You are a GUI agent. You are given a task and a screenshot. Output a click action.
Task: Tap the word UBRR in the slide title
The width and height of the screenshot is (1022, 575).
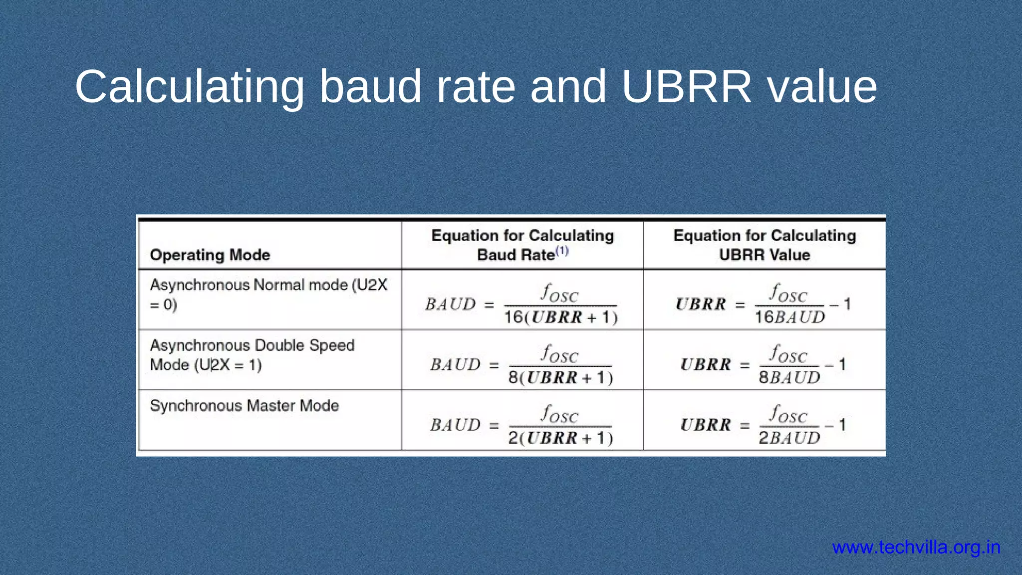686,87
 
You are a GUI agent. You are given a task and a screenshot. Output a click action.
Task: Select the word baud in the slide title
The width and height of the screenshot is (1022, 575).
370,87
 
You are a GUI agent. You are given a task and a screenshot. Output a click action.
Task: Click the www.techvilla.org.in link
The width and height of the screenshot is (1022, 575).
916,548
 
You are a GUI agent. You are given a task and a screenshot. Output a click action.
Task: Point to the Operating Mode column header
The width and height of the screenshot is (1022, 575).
210,255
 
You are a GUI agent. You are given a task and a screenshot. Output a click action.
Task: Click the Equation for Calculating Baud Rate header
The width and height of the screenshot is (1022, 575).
522,245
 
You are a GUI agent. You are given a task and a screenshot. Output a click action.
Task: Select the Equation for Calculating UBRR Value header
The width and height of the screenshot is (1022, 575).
765,245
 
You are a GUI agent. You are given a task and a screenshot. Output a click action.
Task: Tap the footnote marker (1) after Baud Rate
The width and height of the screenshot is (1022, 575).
562,251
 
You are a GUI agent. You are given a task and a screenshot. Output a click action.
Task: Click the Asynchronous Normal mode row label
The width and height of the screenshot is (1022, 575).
268,294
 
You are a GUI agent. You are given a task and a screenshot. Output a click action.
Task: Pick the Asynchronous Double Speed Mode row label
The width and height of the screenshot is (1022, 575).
252,355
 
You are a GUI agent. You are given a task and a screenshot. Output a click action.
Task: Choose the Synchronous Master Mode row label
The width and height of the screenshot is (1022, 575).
245,405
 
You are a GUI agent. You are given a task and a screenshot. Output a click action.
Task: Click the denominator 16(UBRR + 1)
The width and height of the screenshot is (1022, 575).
561,317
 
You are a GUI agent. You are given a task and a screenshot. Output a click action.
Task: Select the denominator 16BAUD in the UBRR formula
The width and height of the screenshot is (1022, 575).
790,317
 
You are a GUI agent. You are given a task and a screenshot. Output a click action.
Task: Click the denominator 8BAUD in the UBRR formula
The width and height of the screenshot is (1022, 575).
789,378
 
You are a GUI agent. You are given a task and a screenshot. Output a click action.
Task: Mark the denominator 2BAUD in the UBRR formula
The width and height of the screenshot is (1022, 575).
789,438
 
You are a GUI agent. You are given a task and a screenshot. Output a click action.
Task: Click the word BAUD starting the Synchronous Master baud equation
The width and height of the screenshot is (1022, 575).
456,425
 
